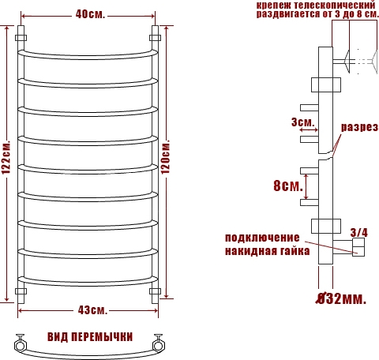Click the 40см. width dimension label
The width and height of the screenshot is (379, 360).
(90, 14)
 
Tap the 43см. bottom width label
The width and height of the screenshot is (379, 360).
(92, 310)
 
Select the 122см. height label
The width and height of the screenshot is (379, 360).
(6, 158)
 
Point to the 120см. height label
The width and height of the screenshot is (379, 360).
(166, 156)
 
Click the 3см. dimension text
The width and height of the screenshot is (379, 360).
(303, 122)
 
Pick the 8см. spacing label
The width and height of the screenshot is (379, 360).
(288, 186)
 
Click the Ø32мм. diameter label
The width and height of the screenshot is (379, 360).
(341, 298)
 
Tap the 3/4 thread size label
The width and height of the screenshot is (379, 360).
(358, 233)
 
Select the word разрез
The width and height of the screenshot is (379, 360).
(359, 127)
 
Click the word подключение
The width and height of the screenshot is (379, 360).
(262, 238)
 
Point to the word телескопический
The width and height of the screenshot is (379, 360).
(334, 5)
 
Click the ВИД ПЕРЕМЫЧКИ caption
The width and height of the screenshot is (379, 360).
(90, 337)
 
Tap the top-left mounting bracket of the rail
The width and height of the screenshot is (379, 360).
(21, 38)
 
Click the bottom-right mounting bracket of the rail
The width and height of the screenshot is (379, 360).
(155, 291)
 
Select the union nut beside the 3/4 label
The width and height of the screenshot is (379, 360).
(358, 247)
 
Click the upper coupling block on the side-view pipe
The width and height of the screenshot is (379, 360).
(326, 84)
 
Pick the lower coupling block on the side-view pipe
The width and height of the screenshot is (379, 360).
(326, 226)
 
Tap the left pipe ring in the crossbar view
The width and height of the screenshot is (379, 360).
(20, 345)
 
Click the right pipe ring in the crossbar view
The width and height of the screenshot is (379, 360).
(159, 345)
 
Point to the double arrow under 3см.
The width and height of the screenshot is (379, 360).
(309, 129)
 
